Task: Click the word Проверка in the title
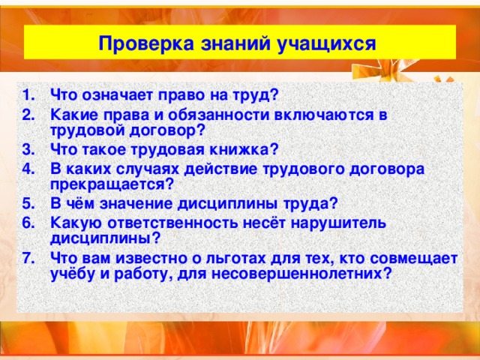click(136, 44)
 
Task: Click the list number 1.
click(28, 95)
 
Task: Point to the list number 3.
click(28, 148)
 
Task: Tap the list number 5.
click(28, 202)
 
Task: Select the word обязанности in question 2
click(226, 113)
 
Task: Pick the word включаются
click(329, 113)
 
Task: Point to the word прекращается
click(112, 183)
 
